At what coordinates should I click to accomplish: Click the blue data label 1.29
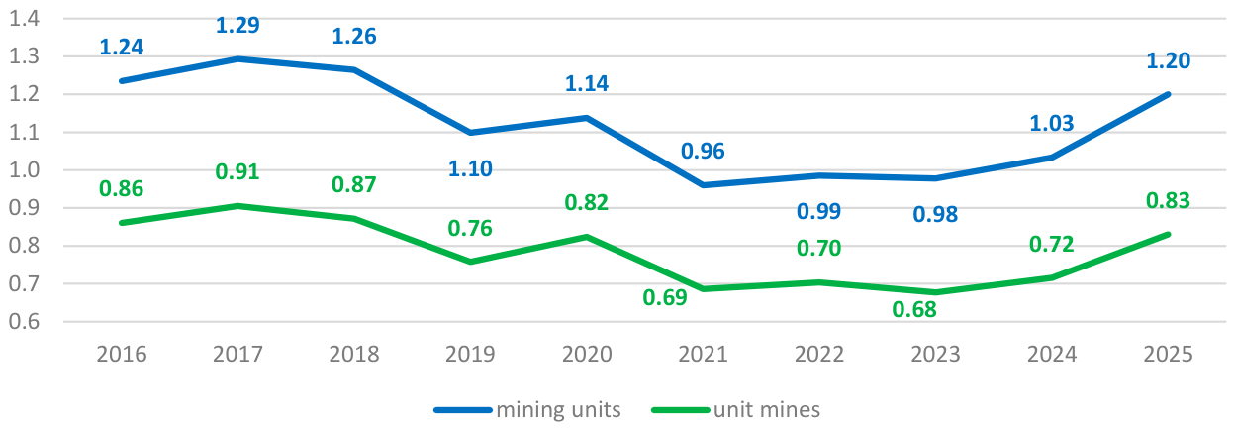237,26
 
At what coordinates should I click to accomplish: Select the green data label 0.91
237,171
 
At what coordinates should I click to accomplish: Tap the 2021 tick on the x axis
703,354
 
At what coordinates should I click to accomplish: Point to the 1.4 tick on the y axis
25,18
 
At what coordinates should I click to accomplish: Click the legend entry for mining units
527,409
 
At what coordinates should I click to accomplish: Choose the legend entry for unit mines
736,409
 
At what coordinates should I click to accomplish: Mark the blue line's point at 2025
1168,94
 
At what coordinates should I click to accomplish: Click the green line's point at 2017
237,206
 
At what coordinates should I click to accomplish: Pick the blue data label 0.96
703,152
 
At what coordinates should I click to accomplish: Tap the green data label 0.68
914,310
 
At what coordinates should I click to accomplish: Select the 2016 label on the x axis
122,354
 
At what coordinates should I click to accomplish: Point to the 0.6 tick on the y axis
25,321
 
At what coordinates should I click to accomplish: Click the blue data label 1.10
470,168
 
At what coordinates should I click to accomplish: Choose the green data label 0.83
1168,200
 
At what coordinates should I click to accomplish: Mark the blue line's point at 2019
470,133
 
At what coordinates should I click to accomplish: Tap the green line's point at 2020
587,237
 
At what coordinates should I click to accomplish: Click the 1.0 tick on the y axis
25,169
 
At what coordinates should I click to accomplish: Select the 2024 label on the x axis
1051,354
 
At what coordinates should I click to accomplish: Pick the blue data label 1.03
1051,123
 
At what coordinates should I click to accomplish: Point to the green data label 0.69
665,298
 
